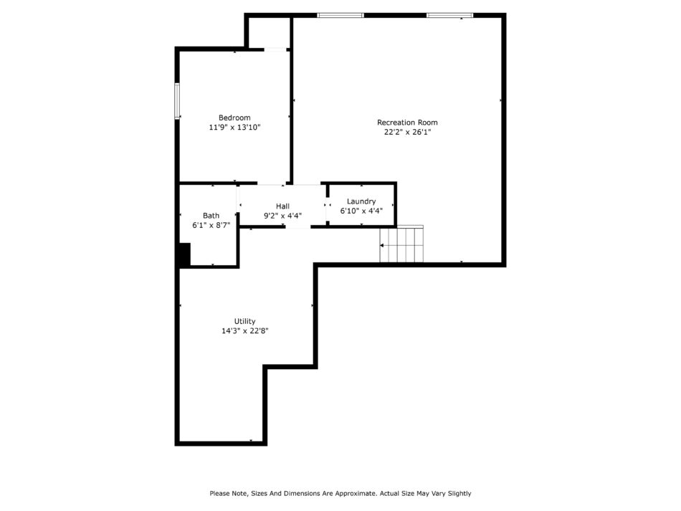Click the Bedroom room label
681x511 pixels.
(x=234, y=118)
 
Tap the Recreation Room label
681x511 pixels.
(x=407, y=123)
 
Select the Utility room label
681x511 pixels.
(x=245, y=321)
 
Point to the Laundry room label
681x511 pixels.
(x=361, y=201)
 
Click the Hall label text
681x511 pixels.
(x=282, y=206)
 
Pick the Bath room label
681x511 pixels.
(x=211, y=215)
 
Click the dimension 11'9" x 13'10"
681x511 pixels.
(x=234, y=127)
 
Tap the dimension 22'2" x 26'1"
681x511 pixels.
(x=407, y=132)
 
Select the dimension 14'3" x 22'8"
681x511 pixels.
(x=245, y=331)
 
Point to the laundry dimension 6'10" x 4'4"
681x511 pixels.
(x=361, y=211)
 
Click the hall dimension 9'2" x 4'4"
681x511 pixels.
(x=282, y=216)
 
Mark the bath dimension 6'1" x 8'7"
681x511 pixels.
(x=211, y=225)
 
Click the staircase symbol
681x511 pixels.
(x=401, y=244)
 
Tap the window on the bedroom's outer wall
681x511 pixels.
(x=177, y=101)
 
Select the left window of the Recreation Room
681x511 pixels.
(x=340, y=15)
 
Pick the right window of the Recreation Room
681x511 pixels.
(x=449, y=15)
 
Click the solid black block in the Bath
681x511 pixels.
(x=185, y=254)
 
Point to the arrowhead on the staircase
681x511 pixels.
(x=382, y=246)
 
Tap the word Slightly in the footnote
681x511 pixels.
(x=459, y=494)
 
